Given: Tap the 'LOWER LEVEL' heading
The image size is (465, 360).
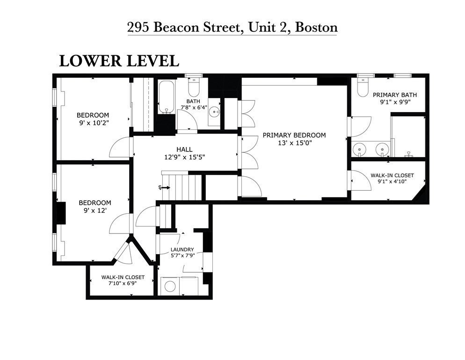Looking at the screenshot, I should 118,61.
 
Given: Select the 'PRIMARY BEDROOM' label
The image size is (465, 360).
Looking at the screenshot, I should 294,135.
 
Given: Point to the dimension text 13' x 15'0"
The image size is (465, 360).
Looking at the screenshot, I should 294,143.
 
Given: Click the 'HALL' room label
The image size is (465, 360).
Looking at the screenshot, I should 184,149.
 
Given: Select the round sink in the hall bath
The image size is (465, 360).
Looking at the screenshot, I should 214,112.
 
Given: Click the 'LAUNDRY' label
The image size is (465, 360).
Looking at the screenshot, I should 182,249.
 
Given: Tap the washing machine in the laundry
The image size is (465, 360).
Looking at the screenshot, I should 170,285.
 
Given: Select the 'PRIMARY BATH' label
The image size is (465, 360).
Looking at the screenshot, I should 394,95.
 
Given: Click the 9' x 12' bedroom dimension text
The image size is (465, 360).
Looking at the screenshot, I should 94,210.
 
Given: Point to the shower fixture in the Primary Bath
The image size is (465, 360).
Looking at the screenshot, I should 409,153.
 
